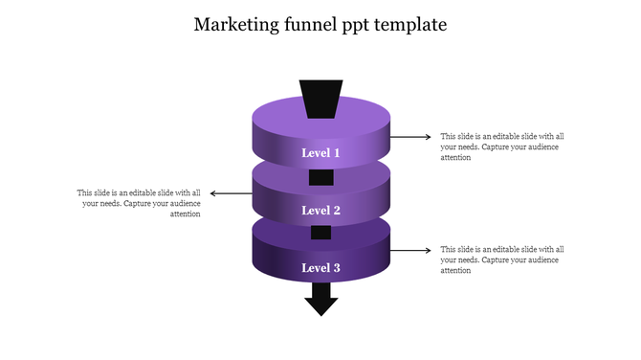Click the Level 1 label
(321, 153)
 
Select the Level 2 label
(321, 211)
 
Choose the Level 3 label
(321, 268)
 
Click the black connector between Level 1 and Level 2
(321, 177)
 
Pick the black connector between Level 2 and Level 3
(321, 233)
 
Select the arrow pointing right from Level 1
(411, 137)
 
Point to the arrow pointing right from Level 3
(411, 251)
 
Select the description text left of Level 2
(140, 203)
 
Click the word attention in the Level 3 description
(455, 271)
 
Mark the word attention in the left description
(185, 214)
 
